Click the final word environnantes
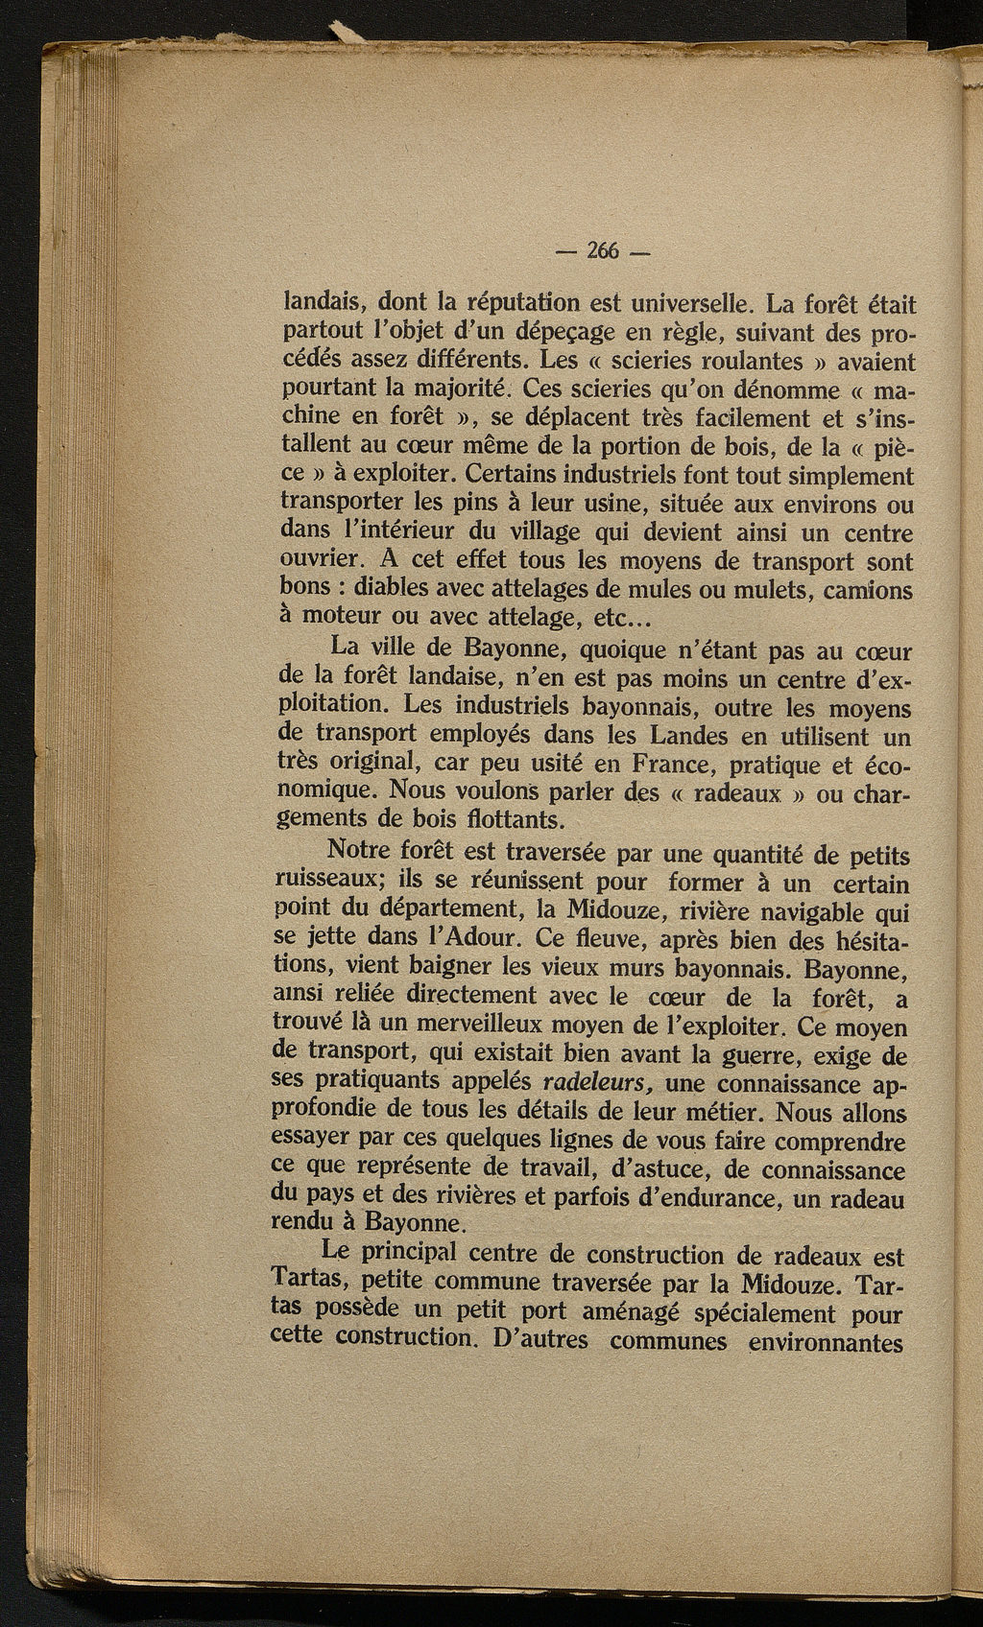[825, 1340]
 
